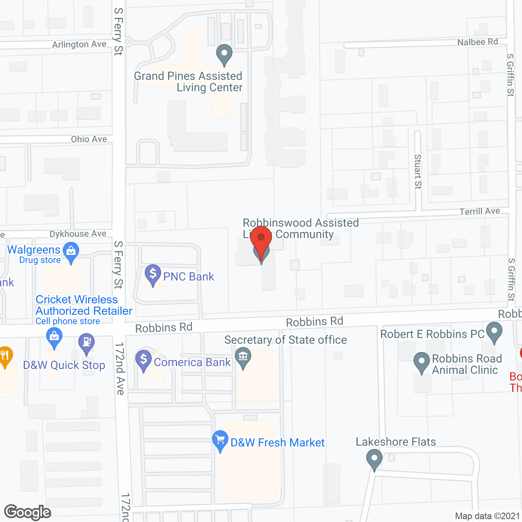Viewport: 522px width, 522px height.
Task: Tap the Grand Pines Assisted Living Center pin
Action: point(224,54)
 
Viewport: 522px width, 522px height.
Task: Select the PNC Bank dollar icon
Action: point(153,274)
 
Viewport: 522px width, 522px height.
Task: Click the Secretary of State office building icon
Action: point(243,357)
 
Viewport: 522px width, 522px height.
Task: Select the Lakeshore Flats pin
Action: point(374,459)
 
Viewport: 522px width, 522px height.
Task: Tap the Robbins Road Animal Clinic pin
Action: point(422,362)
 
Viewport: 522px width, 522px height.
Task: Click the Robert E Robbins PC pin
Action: point(494,332)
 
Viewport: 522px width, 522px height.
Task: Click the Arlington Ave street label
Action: point(79,44)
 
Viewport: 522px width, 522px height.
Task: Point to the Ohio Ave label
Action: point(89,139)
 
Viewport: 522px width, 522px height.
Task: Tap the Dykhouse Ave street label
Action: point(78,234)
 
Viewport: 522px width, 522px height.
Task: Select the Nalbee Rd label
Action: point(478,42)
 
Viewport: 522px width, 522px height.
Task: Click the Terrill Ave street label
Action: point(480,211)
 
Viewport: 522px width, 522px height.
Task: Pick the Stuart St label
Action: point(418,171)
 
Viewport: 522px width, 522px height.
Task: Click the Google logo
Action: point(28,513)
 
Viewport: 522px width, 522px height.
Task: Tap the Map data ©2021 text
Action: point(487,516)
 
